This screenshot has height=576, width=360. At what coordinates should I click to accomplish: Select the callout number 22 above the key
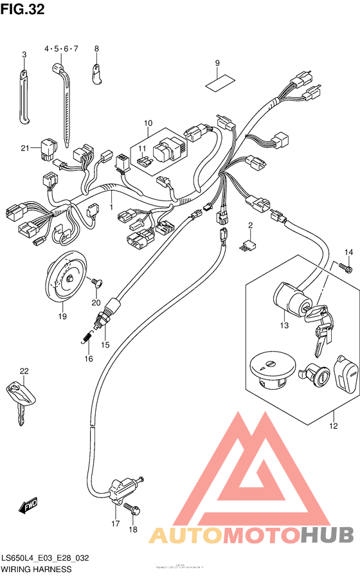coord(24,371)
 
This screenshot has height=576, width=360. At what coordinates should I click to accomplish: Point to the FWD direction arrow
coord(28,508)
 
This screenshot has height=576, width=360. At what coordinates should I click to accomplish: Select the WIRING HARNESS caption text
coord(36,570)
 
